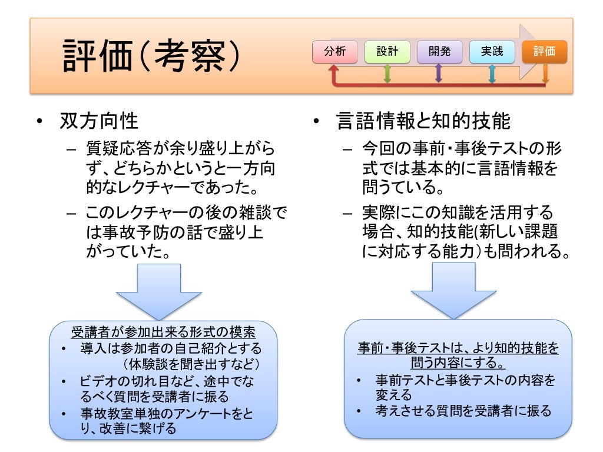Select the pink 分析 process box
pos(335,52)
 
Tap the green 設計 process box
pos(387,52)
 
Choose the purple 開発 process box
pos(439,52)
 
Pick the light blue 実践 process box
pos(492,52)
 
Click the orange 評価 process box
pos(545,52)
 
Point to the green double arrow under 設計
pos(387,72)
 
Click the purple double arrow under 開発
pos(439,72)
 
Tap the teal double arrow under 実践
pos(492,72)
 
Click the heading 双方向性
pos(99,121)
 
